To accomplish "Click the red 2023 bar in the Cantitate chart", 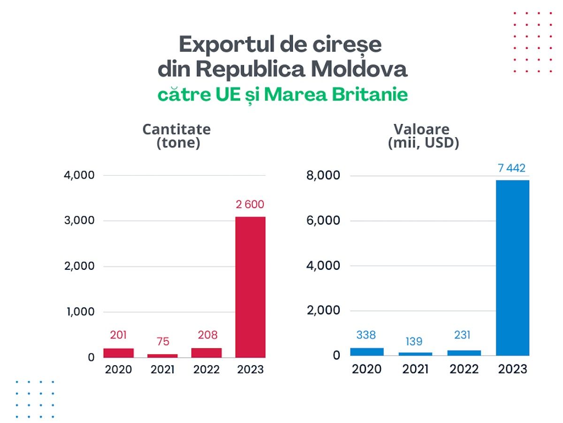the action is coord(251,287).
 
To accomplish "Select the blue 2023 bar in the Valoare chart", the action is coord(512,268).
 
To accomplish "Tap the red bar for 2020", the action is coord(119,353).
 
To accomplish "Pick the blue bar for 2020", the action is coord(367,352).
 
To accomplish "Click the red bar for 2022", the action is coord(206,353).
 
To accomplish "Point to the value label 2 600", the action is coord(250,204).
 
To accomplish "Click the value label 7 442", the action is coord(512,168).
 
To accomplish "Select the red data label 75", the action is coord(163,341).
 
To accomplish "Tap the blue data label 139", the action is coord(414,341).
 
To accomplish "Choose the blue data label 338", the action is coord(366,335).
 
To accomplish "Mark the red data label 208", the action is coord(208,335).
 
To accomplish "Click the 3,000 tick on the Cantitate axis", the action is coord(79,220).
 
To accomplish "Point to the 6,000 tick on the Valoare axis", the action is coord(323,220).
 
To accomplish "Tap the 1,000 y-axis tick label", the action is coord(81,312).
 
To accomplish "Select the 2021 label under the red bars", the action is coord(162,369).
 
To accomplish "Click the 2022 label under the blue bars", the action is coord(464,369).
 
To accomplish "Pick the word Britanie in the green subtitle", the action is coord(370,94).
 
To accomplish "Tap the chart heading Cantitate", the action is coord(176,129).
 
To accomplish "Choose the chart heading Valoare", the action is coord(421,129).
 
